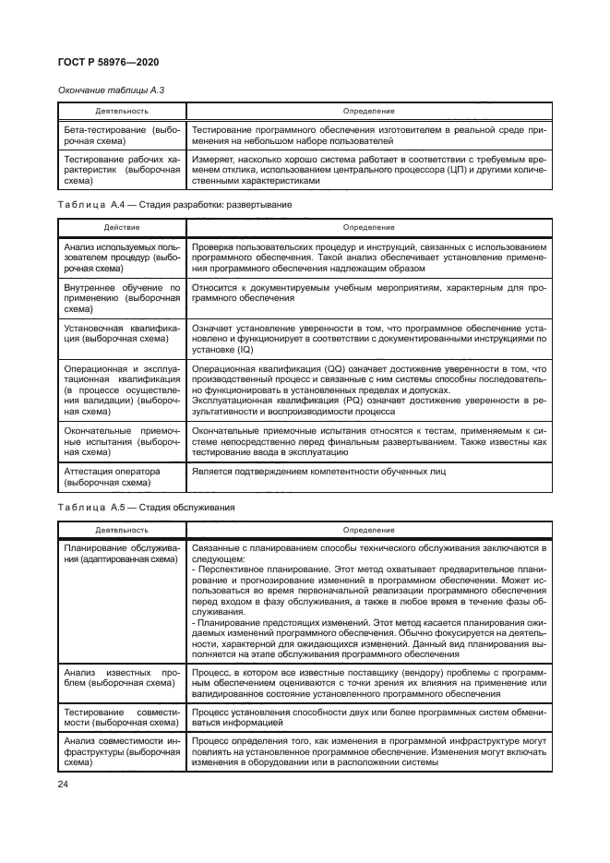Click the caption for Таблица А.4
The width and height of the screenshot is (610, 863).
(175, 204)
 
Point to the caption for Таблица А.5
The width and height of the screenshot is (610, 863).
(147, 508)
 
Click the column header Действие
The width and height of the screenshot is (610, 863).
(122, 226)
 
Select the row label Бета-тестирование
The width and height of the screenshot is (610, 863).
(122, 138)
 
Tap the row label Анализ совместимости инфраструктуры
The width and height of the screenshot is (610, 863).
(122, 752)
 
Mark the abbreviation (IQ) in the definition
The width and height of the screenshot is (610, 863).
(241, 350)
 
